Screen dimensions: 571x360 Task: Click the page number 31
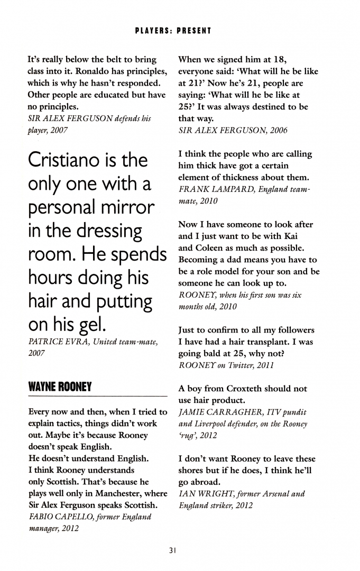(172, 550)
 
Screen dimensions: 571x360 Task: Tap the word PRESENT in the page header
(192, 31)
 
